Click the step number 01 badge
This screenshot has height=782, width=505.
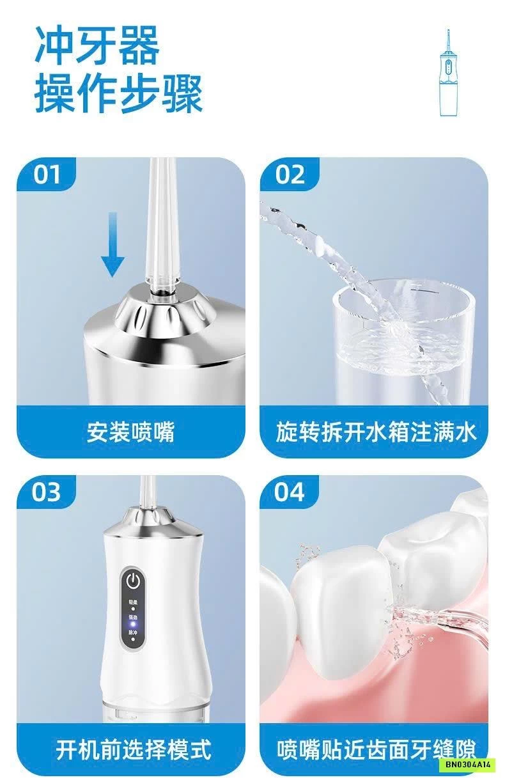[46, 175]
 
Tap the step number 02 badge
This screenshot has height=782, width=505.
[290, 175]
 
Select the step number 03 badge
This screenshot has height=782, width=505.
[47, 492]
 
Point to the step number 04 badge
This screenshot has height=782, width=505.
[290, 492]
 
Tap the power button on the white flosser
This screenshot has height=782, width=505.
[133, 581]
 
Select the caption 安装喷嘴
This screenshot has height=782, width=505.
[130, 432]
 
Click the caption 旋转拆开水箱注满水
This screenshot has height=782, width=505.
[376, 432]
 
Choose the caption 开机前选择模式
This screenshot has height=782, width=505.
[133, 750]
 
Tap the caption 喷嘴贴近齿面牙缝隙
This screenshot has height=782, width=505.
[376, 750]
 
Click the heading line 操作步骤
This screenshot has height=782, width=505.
[118, 93]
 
